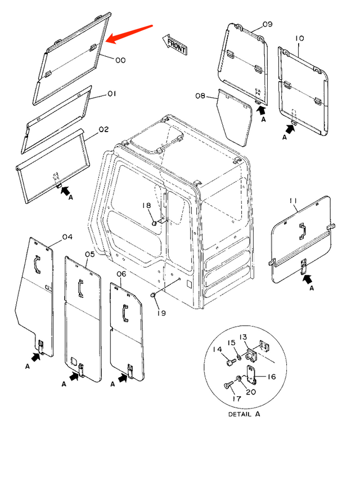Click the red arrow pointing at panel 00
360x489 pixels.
tap(129, 34)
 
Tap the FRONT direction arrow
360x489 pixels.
tap(174, 44)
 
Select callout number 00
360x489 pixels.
tap(120, 61)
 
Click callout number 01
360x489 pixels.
tap(112, 93)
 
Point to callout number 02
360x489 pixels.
tap(103, 129)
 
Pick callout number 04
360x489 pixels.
tap(67, 237)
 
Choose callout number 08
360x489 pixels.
tap(200, 96)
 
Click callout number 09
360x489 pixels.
tap(268, 24)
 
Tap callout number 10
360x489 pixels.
tap(299, 38)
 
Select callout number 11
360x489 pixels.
tap(293, 201)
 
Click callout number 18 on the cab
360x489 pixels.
tap(146, 205)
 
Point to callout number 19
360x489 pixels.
tap(161, 313)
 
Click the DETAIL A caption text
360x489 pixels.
tap(244, 414)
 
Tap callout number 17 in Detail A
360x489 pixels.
tap(237, 399)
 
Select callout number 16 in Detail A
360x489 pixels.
tap(272, 377)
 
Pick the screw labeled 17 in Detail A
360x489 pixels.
tap(228, 386)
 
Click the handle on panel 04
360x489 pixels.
tap(37, 265)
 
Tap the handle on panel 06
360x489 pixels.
tap(125, 314)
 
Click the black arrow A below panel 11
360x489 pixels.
tap(307, 279)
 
